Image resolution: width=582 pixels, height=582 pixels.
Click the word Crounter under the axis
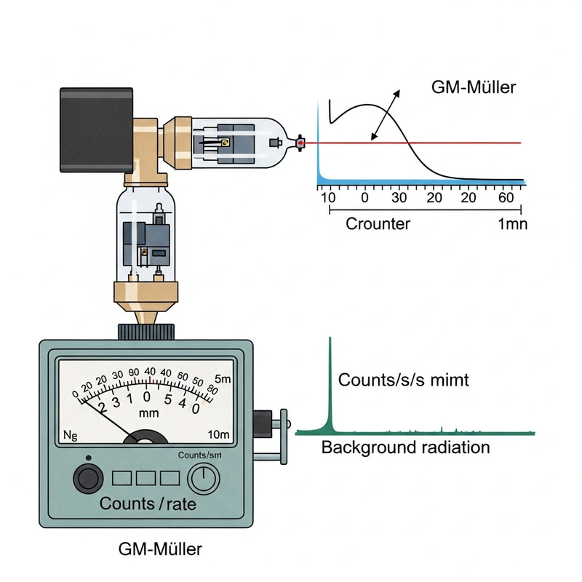[378, 223]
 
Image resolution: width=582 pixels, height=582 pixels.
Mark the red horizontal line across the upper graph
[451, 143]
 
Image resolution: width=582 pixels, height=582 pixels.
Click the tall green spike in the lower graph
[330, 386]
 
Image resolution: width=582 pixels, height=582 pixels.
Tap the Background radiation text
[405, 447]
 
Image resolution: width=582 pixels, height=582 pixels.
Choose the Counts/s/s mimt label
[404, 380]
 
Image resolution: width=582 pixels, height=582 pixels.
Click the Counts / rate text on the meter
[148, 503]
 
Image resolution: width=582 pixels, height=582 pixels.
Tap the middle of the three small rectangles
[145, 478]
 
